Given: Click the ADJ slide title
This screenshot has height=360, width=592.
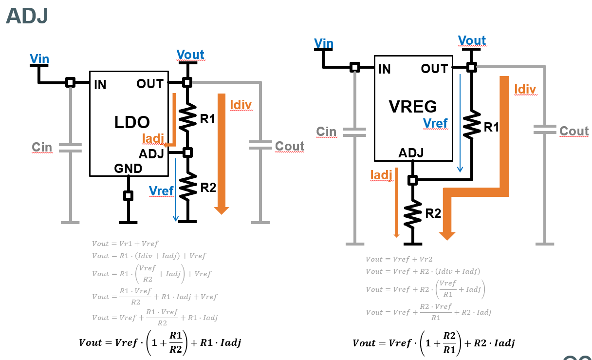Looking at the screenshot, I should [x=27, y=16].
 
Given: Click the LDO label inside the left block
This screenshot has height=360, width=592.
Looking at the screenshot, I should [x=131, y=122].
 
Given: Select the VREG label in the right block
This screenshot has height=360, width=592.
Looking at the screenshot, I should [x=413, y=106].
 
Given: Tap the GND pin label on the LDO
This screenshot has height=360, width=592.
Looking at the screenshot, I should [x=128, y=169].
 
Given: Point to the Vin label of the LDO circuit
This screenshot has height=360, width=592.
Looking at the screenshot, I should [x=39, y=59].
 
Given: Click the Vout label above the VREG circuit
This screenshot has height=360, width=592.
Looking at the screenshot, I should [x=472, y=40].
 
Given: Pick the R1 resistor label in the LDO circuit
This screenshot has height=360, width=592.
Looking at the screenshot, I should [x=208, y=119].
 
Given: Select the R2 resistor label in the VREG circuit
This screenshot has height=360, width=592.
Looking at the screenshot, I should [x=433, y=213].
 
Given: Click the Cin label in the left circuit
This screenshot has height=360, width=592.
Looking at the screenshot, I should [x=42, y=147].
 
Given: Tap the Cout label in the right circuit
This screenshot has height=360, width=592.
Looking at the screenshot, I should [x=574, y=131].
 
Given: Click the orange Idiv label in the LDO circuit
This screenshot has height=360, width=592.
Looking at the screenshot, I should [x=241, y=104].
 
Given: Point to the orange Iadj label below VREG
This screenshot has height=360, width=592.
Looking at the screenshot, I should [x=381, y=175].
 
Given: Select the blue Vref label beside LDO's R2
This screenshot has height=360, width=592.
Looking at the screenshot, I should [x=161, y=191].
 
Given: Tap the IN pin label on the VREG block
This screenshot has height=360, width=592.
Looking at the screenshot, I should [x=384, y=70].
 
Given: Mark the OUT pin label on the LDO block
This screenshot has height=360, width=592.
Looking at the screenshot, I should [x=150, y=84].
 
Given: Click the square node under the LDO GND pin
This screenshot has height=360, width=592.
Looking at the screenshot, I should [x=128, y=196].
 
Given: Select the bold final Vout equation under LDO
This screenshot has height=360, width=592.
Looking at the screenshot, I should [x=160, y=343].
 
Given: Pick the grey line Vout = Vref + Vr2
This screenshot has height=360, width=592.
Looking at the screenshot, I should [x=399, y=260].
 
